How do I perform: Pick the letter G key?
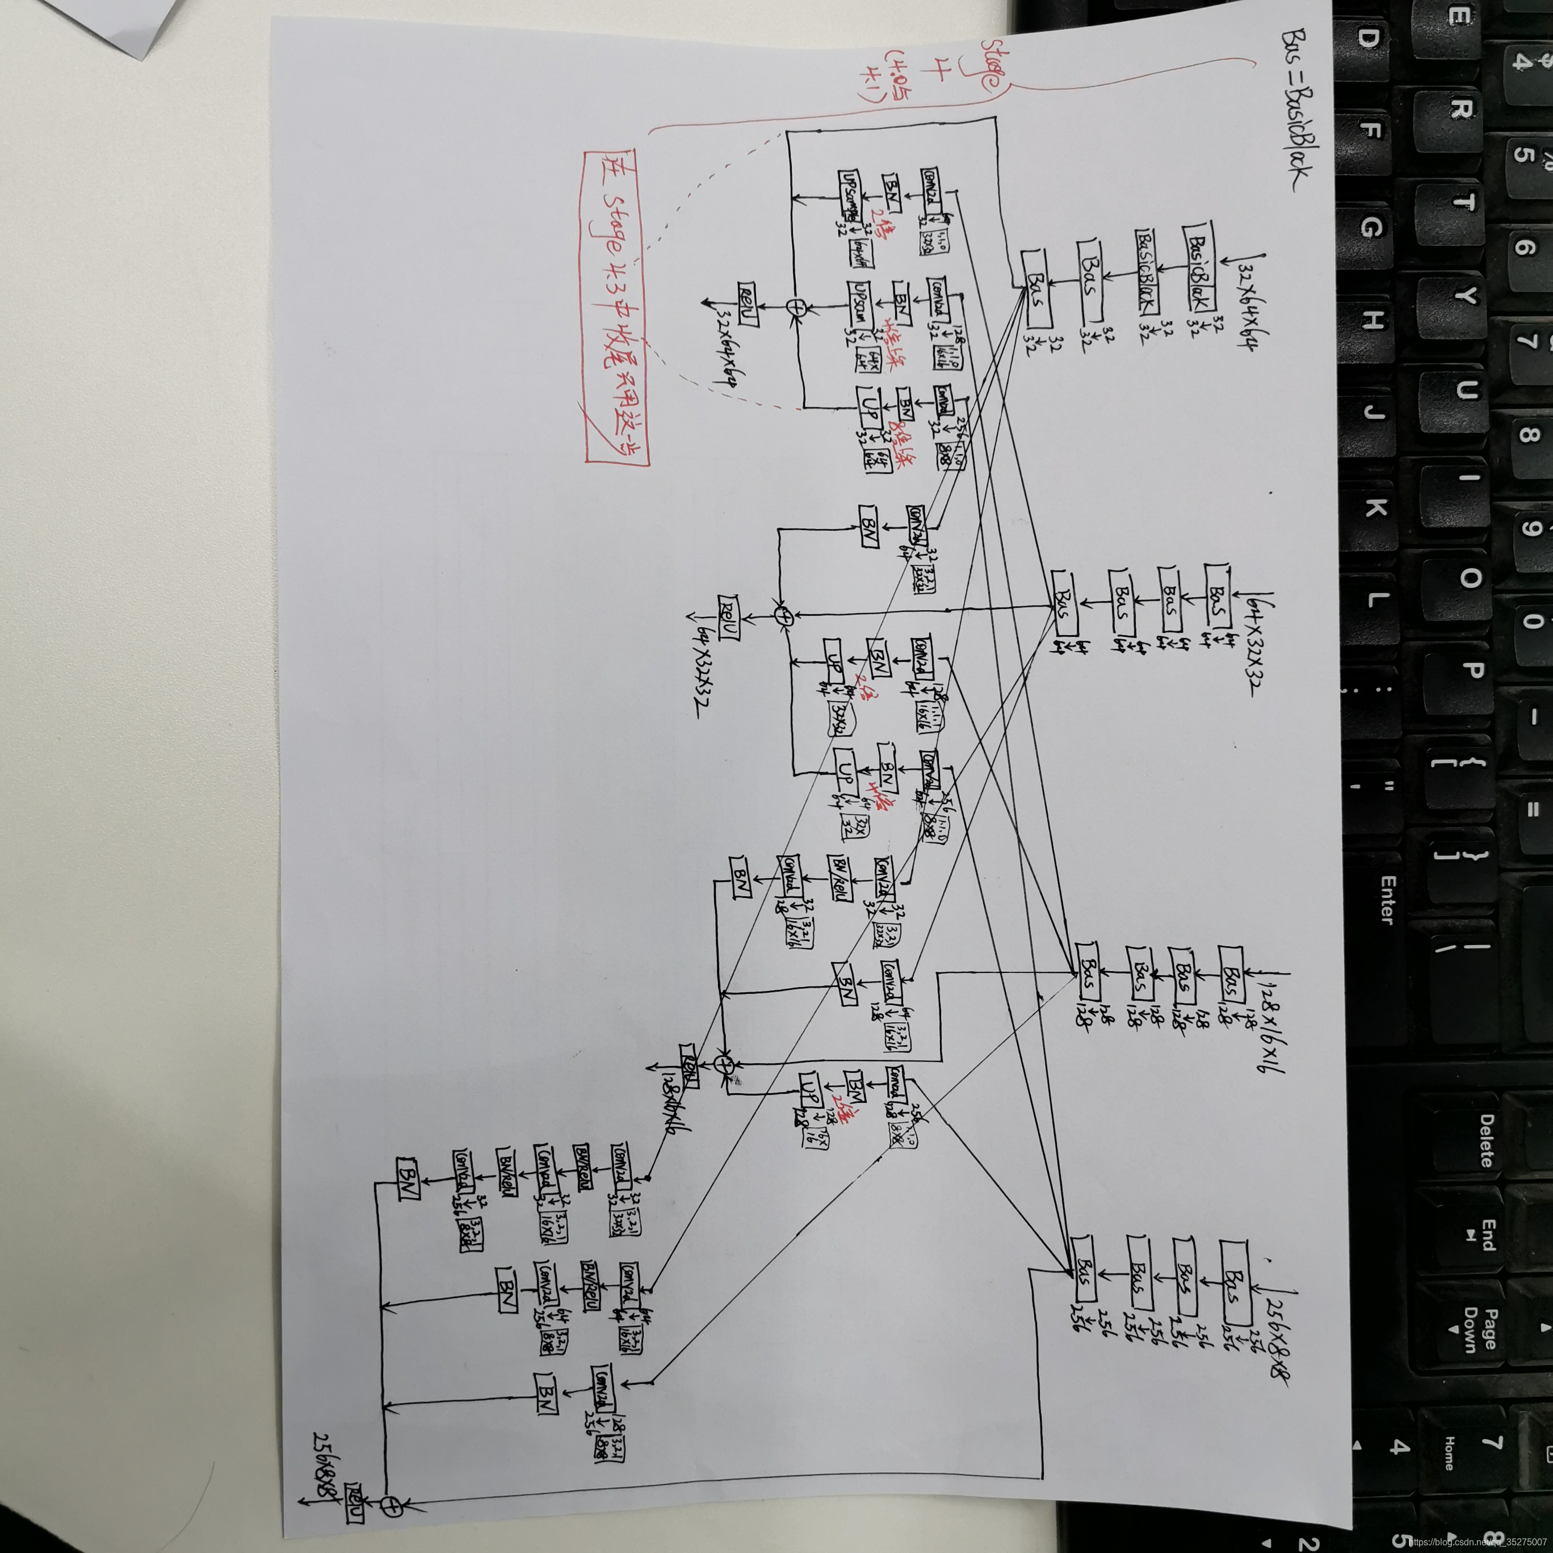(x=1371, y=229)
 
